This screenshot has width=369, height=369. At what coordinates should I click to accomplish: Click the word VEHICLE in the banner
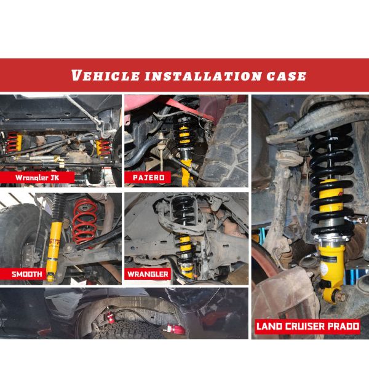[x=106, y=76]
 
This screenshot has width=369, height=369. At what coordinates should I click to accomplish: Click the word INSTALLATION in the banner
[x=203, y=76]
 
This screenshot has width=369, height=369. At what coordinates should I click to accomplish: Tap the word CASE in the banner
[x=286, y=76]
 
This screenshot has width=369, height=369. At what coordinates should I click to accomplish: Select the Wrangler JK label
[x=37, y=178]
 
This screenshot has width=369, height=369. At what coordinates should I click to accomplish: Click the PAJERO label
[x=148, y=178]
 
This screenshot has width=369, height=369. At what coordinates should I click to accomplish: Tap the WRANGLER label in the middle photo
[x=148, y=274]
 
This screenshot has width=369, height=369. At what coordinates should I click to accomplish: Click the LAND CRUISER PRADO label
[x=307, y=327]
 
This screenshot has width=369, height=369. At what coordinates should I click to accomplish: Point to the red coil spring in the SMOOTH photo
[x=84, y=221]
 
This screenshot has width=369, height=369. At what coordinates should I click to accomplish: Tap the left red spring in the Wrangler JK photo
[x=12, y=142]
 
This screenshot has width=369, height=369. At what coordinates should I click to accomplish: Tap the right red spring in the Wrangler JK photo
[x=103, y=148]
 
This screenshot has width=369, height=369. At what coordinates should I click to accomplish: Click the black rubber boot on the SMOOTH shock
[x=57, y=208]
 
